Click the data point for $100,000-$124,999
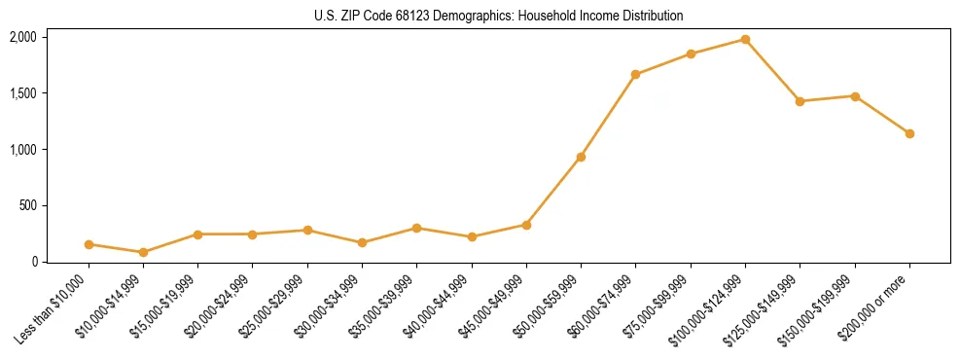[745, 39]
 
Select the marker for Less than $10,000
[89, 244]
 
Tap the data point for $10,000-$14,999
[143, 252]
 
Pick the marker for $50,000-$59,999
[581, 157]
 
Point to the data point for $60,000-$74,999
[635, 74]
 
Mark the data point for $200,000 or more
[909, 133]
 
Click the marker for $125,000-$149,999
[800, 101]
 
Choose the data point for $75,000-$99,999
[691, 54]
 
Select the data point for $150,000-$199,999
[855, 96]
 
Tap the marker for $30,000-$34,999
[362, 242]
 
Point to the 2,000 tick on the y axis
[23, 37]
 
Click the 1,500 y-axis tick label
[23, 93]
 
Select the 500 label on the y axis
[28, 205]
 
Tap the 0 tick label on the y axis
[35, 262]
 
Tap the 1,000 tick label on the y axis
[23, 149]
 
